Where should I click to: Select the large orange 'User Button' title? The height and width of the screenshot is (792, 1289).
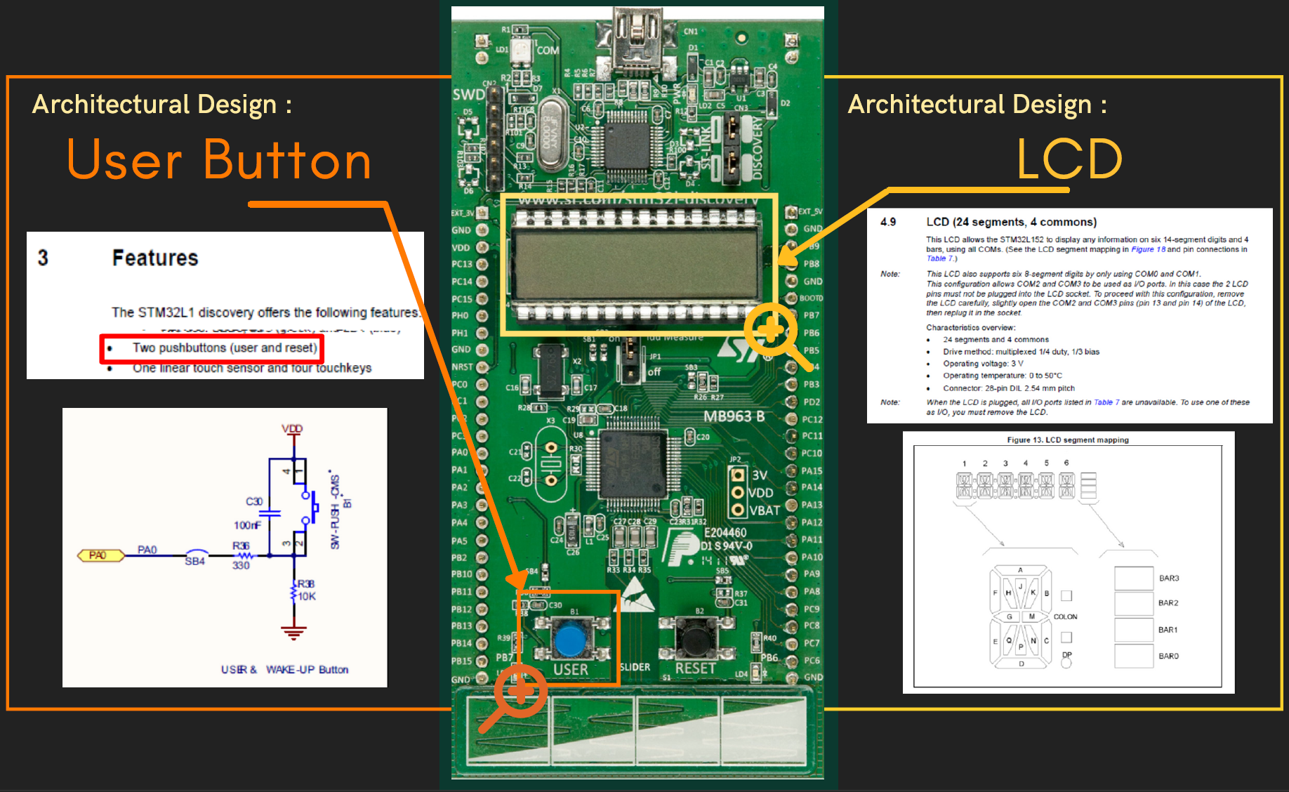point(219,161)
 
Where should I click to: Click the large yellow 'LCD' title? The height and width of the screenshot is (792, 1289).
point(1069,159)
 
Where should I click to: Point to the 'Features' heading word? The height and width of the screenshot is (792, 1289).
point(155,258)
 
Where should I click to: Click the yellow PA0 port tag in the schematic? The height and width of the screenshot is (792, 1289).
point(98,555)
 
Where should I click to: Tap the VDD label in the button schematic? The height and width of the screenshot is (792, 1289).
point(292,428)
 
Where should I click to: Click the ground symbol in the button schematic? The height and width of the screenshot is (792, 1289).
point(293,632)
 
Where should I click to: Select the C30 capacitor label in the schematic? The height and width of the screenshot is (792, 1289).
point(254,501)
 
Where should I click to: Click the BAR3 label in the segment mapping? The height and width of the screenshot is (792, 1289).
point(1169,579)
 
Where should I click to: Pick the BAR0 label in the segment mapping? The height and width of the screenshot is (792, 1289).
point(1169,656)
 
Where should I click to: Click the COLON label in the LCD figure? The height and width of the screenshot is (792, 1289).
point(1065,617)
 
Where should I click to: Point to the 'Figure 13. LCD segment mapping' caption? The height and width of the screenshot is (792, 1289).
point(1068,440)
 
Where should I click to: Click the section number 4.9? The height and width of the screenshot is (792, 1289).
point(888,222)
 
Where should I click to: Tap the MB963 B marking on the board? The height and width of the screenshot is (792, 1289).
point(734,416)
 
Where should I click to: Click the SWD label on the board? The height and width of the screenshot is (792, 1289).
point(468,95)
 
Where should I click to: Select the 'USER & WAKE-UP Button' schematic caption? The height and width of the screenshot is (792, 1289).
point(284,670)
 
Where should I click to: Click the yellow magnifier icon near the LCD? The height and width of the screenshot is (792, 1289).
point(771,330)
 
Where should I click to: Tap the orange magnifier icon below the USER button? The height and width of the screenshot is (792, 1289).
point(520,691)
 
